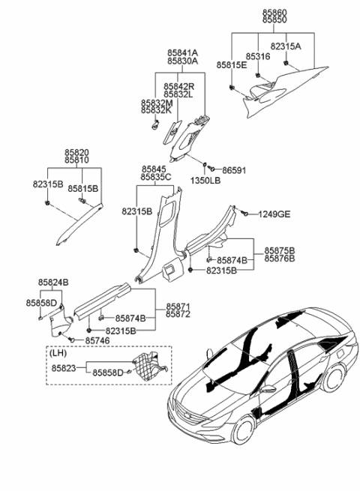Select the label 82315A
click(286, 46)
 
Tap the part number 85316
click(259, 56)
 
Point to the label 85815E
click(232, 66)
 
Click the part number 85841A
click(183, 53)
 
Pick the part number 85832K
click(157, 111)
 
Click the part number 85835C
click(157, 178)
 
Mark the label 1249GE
click(274, 215)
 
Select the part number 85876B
click(280, 259)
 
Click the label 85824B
click(54, 282)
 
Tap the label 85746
click(98, 340)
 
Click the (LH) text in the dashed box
click(58, 352)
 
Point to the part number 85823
click(64, 369)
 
